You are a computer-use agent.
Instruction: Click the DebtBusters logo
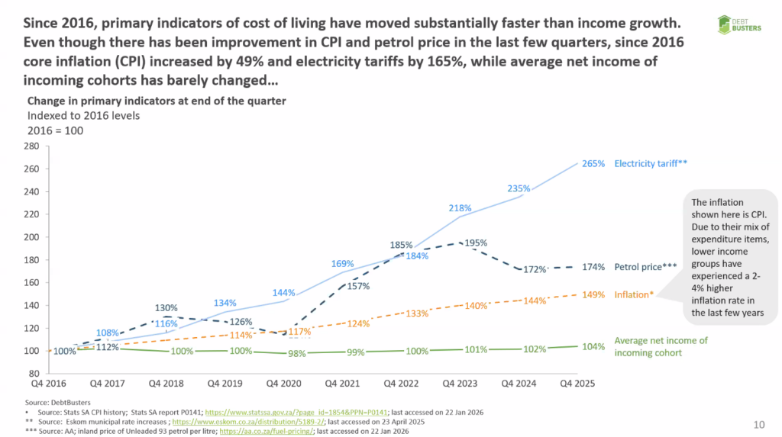click(x=739, y=24)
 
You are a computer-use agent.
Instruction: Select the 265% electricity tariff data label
click(x=593, y=163)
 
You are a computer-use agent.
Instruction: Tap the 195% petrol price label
click(x=476, y=243)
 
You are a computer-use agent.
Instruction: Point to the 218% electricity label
click(x=460, y=208)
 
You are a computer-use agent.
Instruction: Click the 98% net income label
click(x=297, y=353)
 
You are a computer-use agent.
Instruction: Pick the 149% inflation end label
click(x=593, y=294)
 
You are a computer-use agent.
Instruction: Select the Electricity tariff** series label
click(x=651, y=163)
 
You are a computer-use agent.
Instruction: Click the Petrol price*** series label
click(x=646, y=267)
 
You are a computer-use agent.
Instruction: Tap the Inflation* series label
click(x=634, y=294)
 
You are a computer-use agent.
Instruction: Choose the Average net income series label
click(x=661, y=346)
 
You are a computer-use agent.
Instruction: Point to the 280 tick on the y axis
click(x=31, y=146)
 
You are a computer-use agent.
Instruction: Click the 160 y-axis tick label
click(x=31, y=282)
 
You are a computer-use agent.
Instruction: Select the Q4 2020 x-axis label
click(x=284, y=383)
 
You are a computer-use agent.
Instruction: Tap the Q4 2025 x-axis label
click(x=577, y=383)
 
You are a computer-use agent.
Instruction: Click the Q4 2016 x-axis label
click(x=48, y=383)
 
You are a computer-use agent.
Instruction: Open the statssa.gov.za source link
click(x=296, y=412)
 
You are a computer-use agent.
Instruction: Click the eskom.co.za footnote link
click(x=248, y=422)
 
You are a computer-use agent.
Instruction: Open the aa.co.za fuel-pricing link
click(x=267, y=431)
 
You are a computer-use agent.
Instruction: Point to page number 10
click(x=759, y=425)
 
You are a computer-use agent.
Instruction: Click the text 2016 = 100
click(x=55, y=130)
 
